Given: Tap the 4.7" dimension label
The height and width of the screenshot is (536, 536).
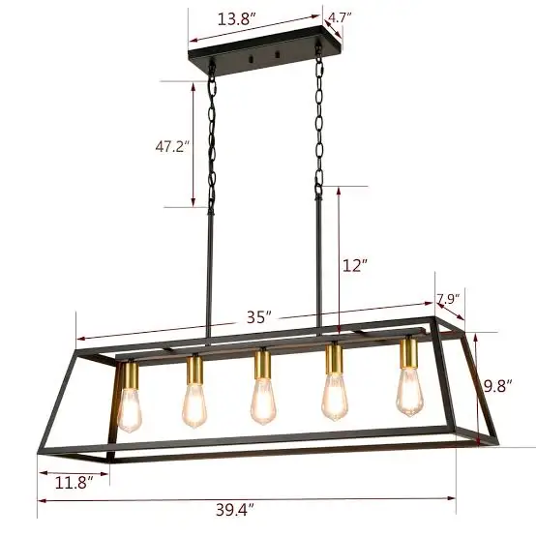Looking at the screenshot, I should (x=339, y=16).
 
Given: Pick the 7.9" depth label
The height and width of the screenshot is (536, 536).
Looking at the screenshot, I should (x=446, y=299).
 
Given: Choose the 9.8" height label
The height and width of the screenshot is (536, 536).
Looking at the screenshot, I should (x=496, y=387).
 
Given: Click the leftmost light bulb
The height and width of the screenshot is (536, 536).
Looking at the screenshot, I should (x=130, y=408).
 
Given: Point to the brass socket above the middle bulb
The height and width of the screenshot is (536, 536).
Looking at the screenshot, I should (x=261, y=365).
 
